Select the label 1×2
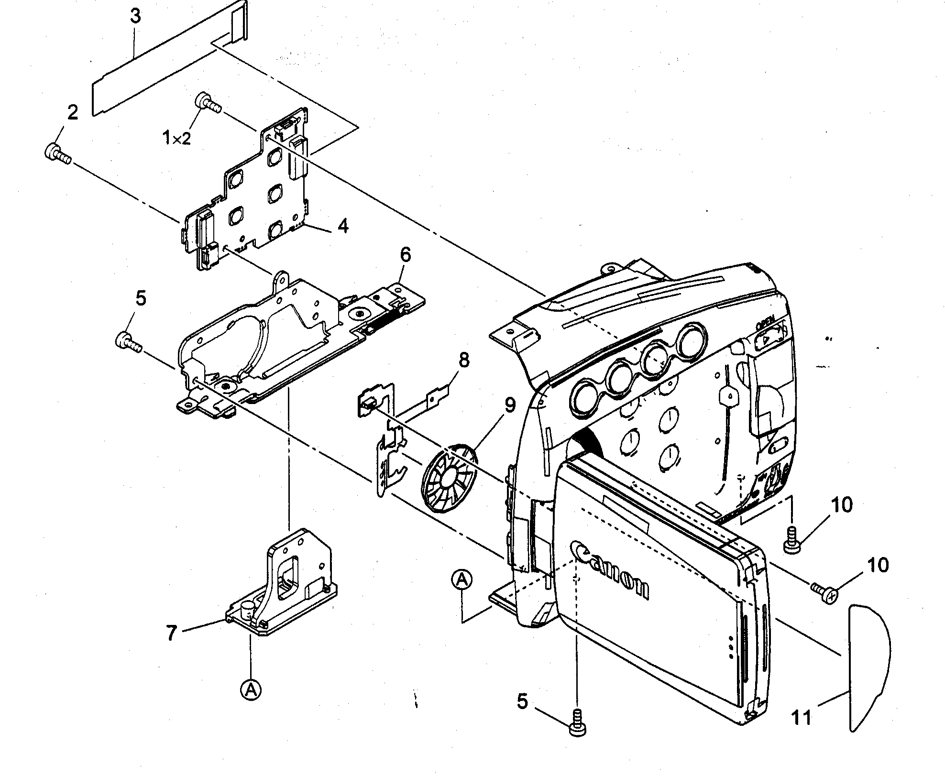[x=176, y=139]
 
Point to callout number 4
[x=343, y=226]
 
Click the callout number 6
[x=405, y=254]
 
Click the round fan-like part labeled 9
[x=449, y=479]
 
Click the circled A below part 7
[x=251, y=690]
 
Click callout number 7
[x=171, y=633]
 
